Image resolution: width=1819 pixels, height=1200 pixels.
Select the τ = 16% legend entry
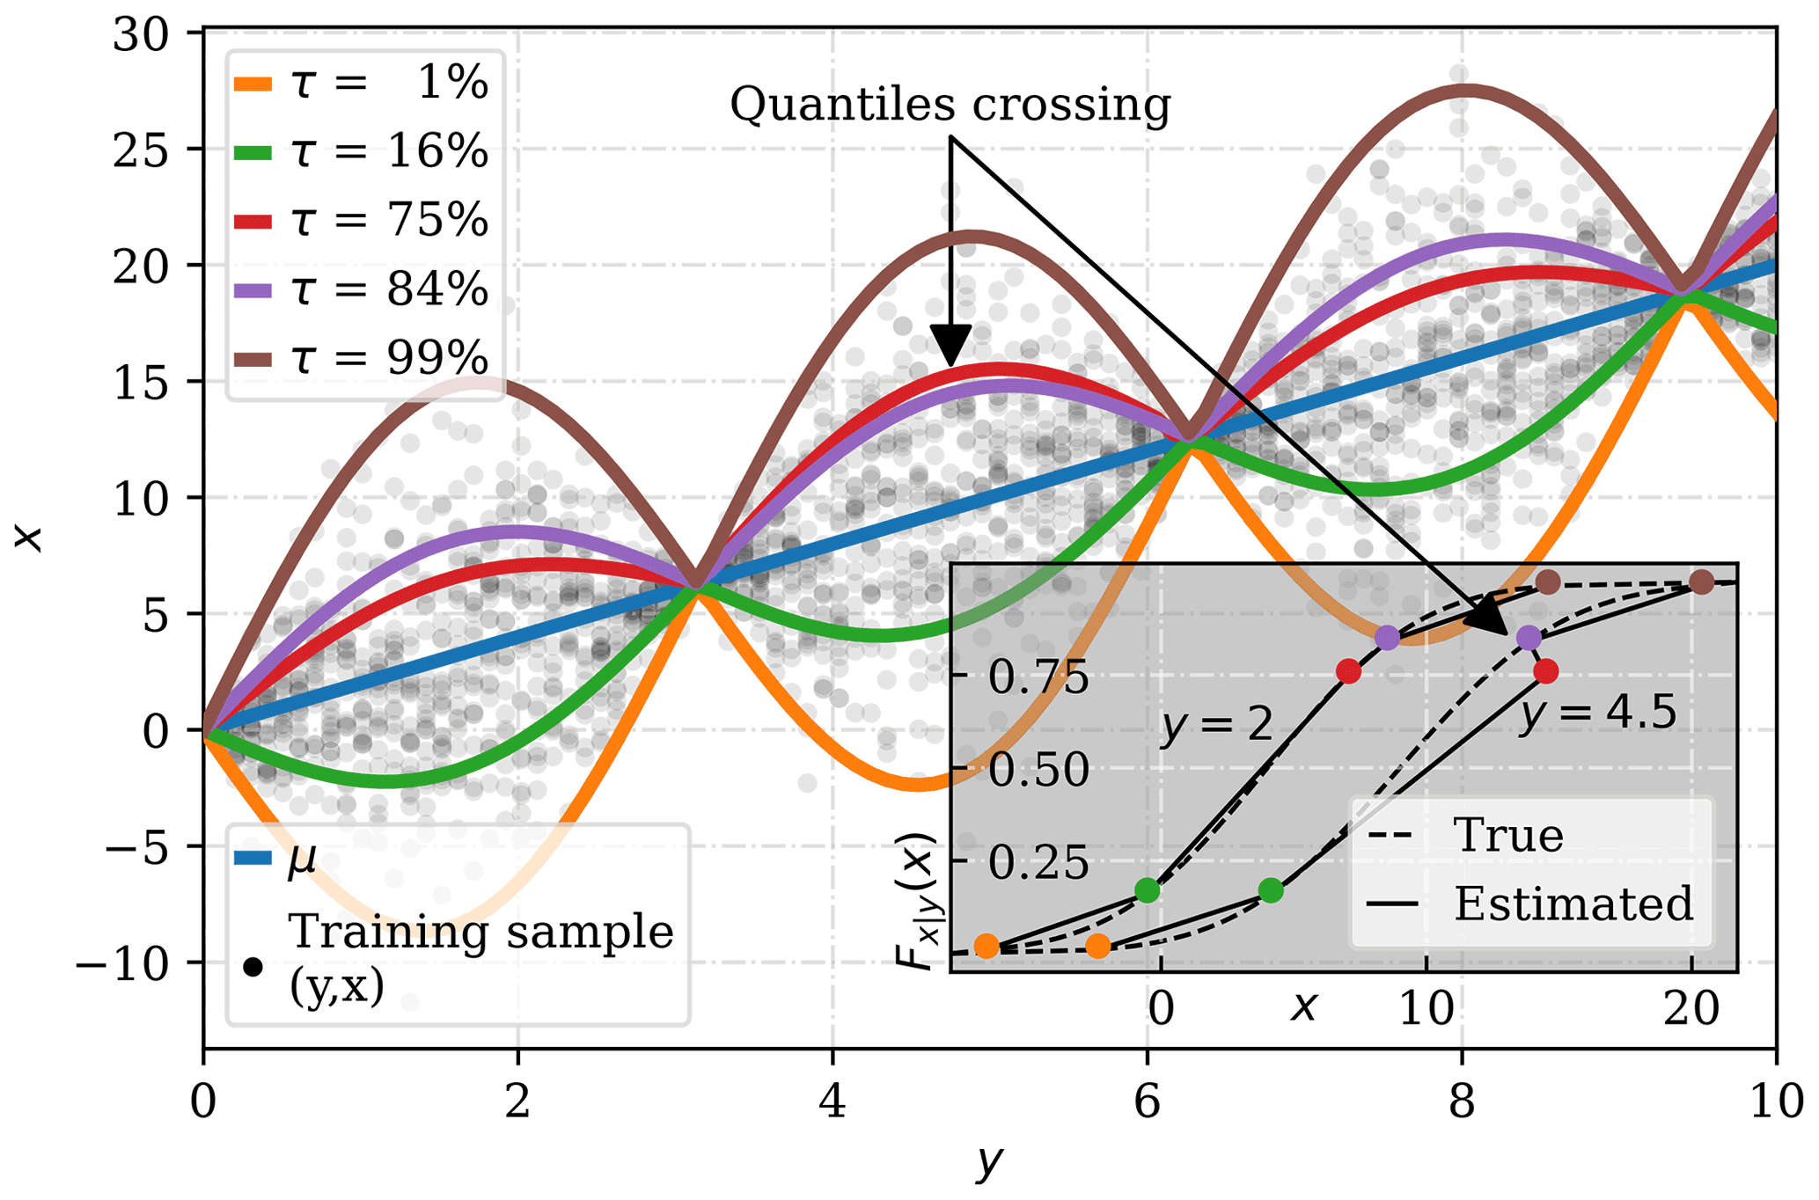361,151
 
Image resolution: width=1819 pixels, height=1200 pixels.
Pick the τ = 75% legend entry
361,220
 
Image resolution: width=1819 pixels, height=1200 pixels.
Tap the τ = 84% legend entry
361,289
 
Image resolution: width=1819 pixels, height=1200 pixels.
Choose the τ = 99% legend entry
361,358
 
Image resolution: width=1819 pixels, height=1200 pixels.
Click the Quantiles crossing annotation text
950,105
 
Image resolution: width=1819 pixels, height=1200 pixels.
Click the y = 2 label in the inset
1217,725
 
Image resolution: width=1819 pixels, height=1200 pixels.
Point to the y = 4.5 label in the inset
1597,713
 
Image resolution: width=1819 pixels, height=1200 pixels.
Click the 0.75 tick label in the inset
1038,677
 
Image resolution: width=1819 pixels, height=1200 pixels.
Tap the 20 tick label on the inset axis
1691,1009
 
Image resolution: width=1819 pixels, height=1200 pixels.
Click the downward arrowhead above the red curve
950,344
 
